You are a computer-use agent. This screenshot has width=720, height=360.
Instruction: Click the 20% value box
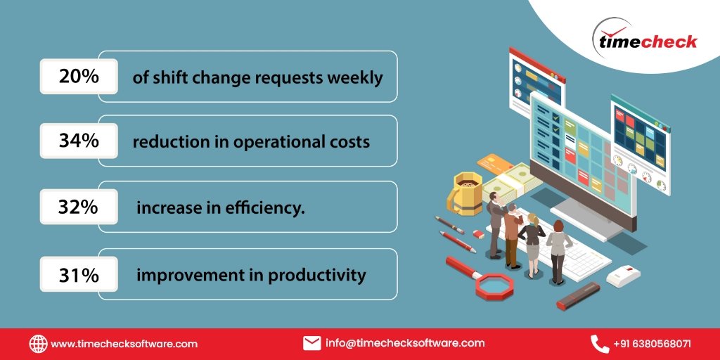coord(79,76)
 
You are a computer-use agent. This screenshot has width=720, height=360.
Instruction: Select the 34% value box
coord(79,141)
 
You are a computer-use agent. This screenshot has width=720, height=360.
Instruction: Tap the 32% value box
coord(79,207)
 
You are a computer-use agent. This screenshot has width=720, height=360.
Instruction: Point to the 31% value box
coord(79,274)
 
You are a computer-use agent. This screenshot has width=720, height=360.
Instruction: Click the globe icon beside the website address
coord(38,344)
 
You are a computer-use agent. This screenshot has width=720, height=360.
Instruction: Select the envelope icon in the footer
coord(311,343)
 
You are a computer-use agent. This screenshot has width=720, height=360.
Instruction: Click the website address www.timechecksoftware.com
coord(124,345)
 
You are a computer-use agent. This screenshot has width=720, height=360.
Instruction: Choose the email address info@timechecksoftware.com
coord(405,343)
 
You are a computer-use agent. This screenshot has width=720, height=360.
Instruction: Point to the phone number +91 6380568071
coord(652,345)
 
